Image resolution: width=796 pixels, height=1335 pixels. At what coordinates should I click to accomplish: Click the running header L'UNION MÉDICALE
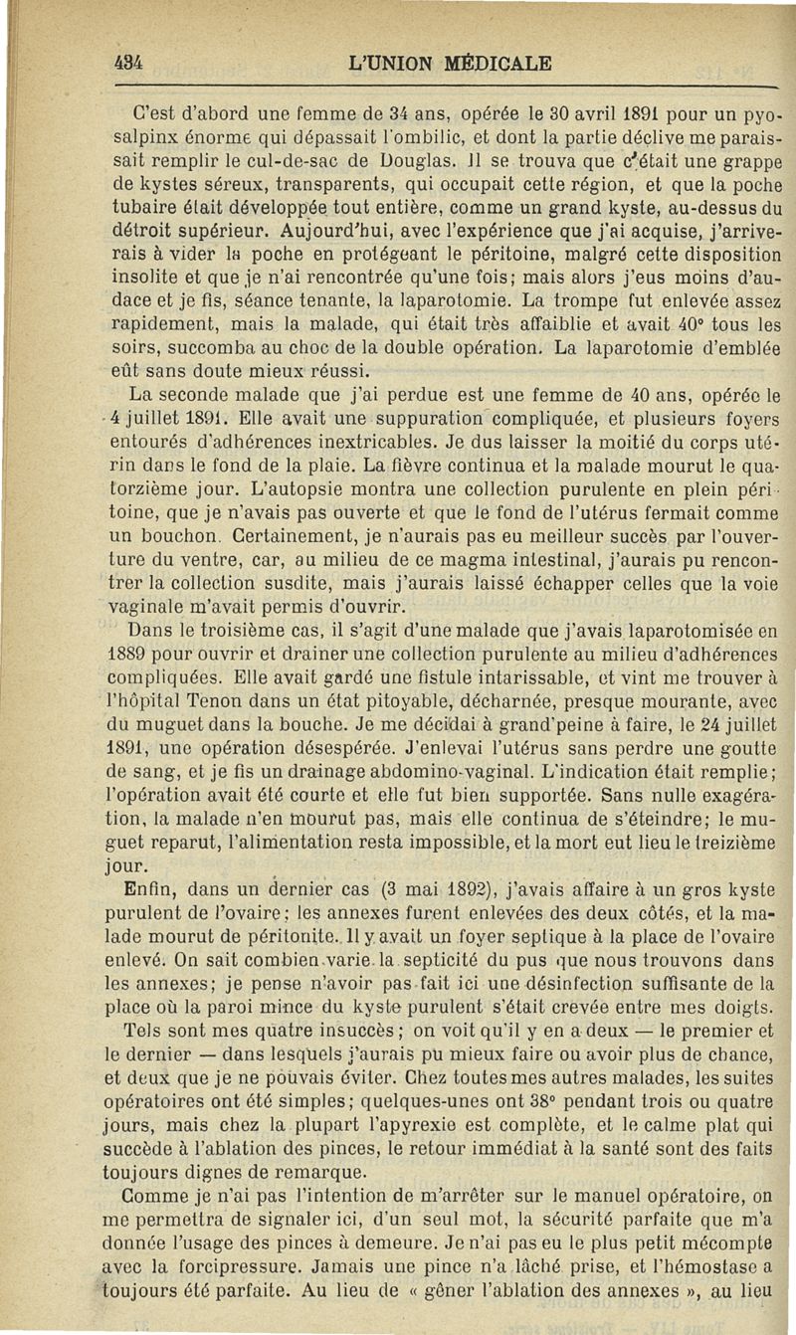click(x=452, y=63)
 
